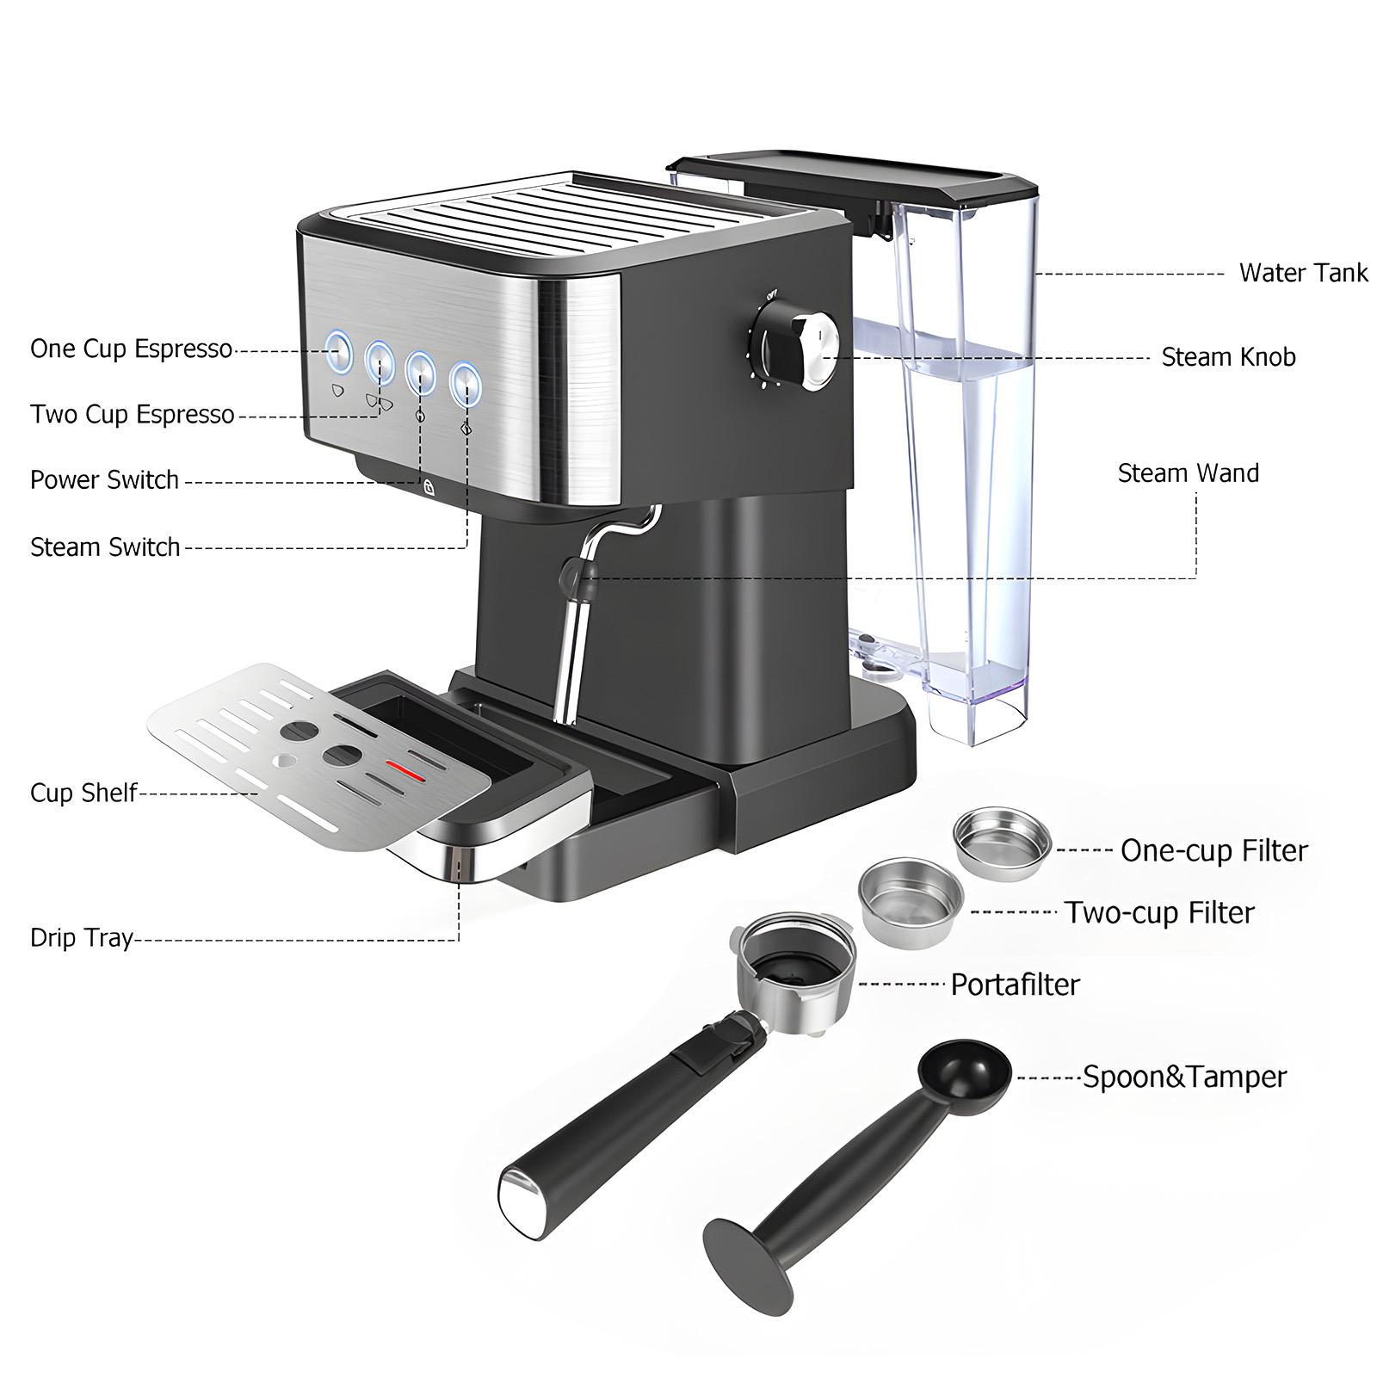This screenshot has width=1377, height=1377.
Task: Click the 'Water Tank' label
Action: [x=1302, y=273]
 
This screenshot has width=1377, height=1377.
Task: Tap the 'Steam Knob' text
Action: [x=1228, y=357]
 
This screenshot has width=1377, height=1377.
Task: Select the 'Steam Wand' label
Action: [x=1188, y=472]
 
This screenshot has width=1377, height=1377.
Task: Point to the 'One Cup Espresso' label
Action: [x=131, y=349]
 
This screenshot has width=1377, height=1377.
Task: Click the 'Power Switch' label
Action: [x=104, y=479]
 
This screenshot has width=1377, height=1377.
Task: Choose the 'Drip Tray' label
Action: [x=82, y=936]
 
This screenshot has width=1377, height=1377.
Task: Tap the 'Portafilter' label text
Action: [x=1015, y=984]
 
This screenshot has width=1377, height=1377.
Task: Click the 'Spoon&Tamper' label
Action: [x=1184, y=1077]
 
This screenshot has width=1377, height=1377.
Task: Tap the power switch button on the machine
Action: [x=420, y=368]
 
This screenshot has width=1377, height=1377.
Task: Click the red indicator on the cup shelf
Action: [x=405, y=770]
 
